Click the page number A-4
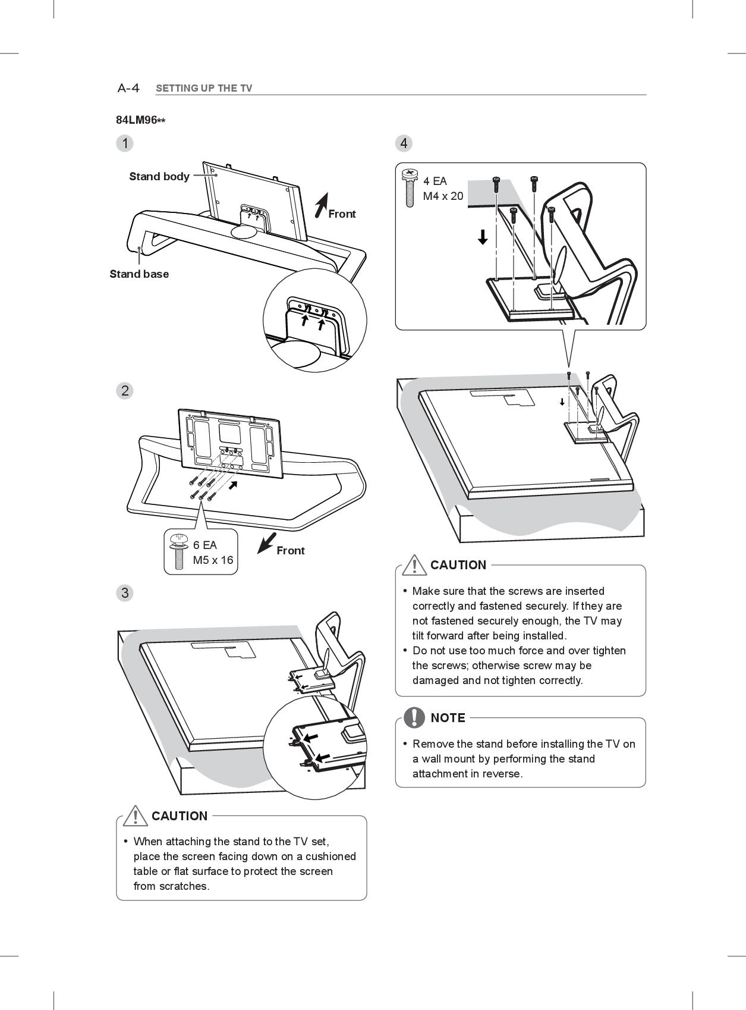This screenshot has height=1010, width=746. pos(128,89)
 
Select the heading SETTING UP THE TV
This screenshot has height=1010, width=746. pos(204,89)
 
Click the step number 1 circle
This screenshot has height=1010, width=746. pos(125,143)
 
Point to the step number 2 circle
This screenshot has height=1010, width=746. pos(125,391)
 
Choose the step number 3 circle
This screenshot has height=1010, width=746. pos(125,593)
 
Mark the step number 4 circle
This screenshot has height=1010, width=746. pos(404,143)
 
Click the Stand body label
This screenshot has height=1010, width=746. pos(159,177)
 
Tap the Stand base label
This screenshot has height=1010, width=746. pos(139,274)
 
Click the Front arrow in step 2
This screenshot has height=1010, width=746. pos(266,542)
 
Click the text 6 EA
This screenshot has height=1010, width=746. pos(205,545)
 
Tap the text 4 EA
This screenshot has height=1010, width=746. pos(435,181)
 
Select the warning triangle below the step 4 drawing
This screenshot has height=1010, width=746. pos(414,564)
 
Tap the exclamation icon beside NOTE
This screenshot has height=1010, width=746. pos(414,717)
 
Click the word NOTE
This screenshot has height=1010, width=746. pos(448,718)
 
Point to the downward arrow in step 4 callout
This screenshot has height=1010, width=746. pos(483,237)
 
